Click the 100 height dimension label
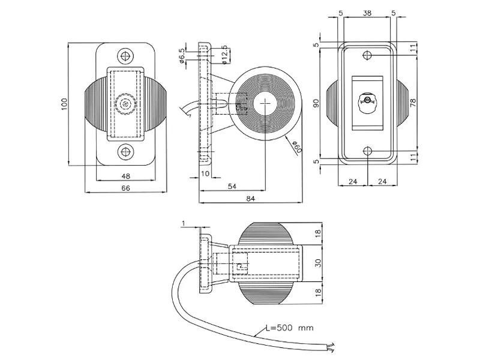click(x=64, y=104)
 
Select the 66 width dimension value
click(x=126, y=188)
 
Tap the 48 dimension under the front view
click(x=126, y=176)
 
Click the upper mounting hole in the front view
click(x=126, y=56)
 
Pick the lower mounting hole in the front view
click(x=126, y=151)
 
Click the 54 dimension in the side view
click(x=231, y=188)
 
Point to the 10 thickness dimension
click(x=205, y=174)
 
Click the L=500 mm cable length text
click(x=289, y=329)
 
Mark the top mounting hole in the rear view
click(x=368, y=55)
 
